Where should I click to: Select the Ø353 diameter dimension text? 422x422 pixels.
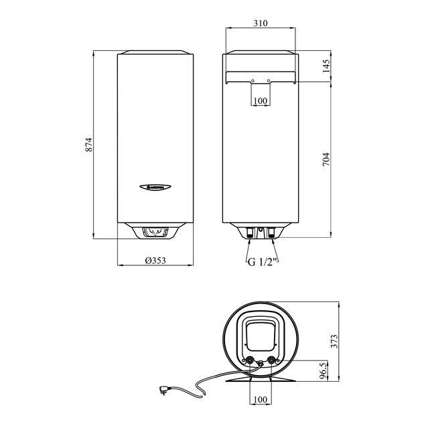[157, 261]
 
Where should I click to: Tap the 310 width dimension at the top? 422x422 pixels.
[261, 23]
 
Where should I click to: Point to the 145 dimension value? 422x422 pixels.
[326, 66]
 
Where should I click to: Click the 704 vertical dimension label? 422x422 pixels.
[326, 159]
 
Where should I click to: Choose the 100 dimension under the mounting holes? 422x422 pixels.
[261, 100]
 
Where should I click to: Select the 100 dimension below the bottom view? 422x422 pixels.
[261, 400]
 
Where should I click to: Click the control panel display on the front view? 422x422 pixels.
[157, 232]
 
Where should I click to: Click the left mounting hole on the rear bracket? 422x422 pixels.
[252, 81]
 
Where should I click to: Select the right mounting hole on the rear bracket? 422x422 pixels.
[269, 81]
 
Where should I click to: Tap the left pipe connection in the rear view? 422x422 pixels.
[251, 234]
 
